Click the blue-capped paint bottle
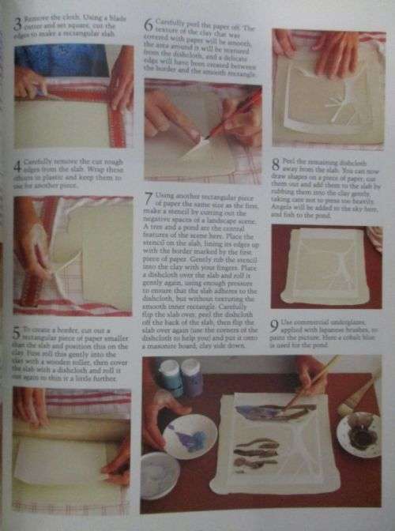click(x=170, y=377)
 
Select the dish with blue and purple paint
click(x=190, y=435)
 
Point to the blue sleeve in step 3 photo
click(x=55, y=59)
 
